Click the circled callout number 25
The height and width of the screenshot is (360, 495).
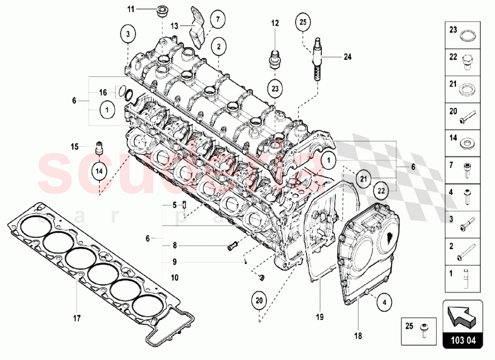click(303, 22)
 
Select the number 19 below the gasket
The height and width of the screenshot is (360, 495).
click(320, 315)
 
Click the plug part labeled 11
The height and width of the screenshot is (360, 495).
click(161, 10)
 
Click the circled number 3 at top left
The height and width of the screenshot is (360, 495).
click(128, 34)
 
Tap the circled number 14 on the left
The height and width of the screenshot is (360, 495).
click(99, 170)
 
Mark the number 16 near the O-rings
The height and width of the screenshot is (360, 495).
click(103, 92)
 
